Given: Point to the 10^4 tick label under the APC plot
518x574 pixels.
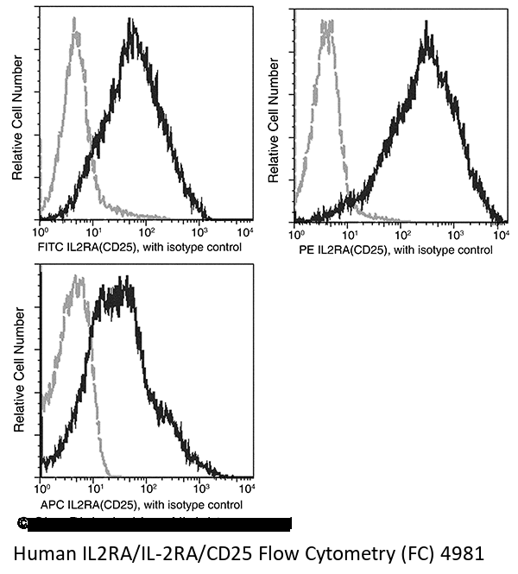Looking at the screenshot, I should [x=246, y=489].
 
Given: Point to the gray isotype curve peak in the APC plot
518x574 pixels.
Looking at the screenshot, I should [x=78, y=278].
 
